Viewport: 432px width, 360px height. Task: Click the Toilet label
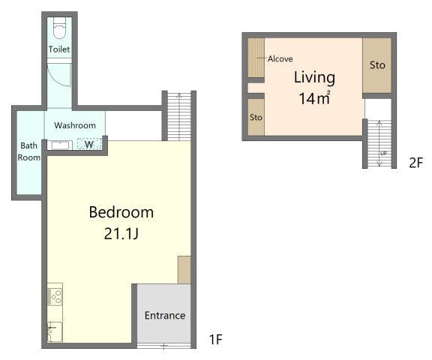click(x=59, y=49)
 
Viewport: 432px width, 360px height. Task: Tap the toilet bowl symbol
click(x=59, y=28)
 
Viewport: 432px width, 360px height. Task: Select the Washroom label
click(x=75, y=125)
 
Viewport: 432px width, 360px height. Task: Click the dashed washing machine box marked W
click(x=89, y=144)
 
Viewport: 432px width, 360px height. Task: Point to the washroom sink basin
click(x=60, y=145)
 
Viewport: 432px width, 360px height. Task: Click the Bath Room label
click(x=29, y=151)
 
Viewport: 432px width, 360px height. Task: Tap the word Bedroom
click(x=121, y=212)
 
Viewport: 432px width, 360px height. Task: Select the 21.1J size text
click(x=121, y=235)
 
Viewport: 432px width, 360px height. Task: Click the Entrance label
click(x=165, y=316)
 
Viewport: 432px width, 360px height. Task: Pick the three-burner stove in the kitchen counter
click(x=55, y=297)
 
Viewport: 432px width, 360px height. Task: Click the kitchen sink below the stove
click(x=55, y=332)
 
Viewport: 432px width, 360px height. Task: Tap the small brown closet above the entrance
click(x=184, y=270)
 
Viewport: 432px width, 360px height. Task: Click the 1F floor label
click(x=216, y=339)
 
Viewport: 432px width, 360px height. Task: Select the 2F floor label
click(x=415, y=163)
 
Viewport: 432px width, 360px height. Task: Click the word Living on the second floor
click(x=314, y=77)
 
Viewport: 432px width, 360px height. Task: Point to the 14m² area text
click(x=314, y=98)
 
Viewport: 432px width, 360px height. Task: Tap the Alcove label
click(x=280, y=58)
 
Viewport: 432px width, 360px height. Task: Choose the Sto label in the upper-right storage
click(x=377, y=65)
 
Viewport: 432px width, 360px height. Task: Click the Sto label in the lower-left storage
click(x=256, y=117)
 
